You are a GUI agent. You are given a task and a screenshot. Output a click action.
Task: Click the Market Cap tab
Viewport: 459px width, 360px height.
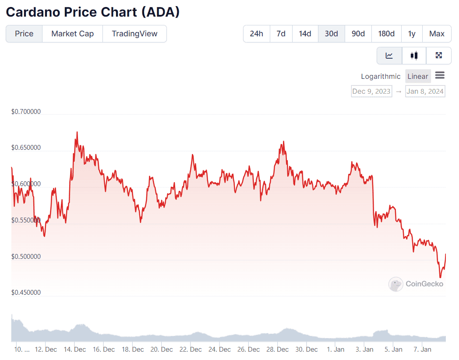pyautogui.click(x=72, y=34)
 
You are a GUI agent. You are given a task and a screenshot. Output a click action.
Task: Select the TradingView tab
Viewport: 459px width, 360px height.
pyautogui.click(x=134, y=34)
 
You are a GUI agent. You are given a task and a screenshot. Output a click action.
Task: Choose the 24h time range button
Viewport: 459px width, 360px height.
pyautogui.click(x=257, y=34)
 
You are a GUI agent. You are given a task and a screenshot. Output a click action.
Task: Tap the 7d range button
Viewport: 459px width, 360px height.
pyautogui.click(x=281, y=34)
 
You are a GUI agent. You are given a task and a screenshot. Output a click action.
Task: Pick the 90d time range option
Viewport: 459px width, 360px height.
pyautogui.click(x=358, y=34)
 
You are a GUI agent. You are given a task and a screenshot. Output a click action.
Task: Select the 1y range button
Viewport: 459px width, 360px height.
pyautogui.click(x=412, y=34)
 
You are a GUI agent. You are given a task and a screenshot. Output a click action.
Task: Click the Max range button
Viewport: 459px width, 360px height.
pyautogui.click(x=437, y=34)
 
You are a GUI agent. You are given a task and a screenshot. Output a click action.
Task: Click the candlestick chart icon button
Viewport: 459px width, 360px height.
pyautogui.click(x=414, y=56)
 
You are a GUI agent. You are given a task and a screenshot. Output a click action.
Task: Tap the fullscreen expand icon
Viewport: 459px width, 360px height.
pyautogui.click(x=438, y=56)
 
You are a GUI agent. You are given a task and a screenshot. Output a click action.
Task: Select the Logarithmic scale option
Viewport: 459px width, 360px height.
pyautogui.click(x=381, y=76)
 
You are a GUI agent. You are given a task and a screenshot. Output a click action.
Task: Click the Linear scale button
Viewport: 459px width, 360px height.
pyautogui.click(x=417, y=76)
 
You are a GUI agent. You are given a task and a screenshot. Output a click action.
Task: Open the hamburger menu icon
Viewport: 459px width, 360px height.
pyautogui.click(x=440, y=76)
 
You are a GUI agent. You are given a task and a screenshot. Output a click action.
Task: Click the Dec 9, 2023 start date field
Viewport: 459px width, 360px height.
pyautogui.click(x=371, y=91)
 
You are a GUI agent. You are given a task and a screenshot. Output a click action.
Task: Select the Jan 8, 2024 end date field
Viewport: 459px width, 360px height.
pyautogui.click(x=425, y=91)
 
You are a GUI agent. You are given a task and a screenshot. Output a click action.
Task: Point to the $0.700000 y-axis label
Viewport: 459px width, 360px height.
pyautogui.click(x=26, y=112)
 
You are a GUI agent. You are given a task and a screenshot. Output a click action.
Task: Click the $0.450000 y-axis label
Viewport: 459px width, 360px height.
pyautogui.click(x=26, y=293)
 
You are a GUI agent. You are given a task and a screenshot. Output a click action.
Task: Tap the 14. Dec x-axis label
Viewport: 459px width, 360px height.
pyautogui.click(x=74, y=349)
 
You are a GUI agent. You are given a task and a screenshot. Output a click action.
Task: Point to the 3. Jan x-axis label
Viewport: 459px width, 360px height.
pyautogui.click(x=364, y=349)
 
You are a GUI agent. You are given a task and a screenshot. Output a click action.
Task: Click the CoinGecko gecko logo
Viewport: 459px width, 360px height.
pyautogui.click(x=396, y=284)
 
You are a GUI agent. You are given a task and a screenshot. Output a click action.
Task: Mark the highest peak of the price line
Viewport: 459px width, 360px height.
pyautogui.click(x=77, y=132)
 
